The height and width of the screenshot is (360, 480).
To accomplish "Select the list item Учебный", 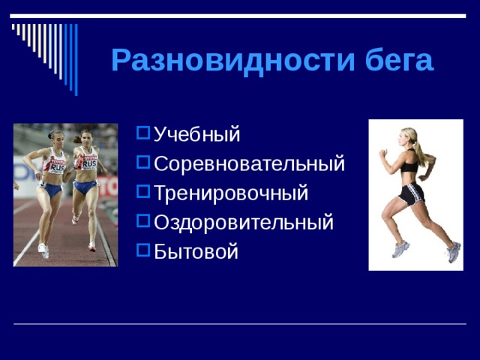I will click(196, 135).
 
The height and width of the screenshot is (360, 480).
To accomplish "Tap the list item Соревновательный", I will click(249, 163).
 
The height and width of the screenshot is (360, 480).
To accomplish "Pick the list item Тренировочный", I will click(230, 193).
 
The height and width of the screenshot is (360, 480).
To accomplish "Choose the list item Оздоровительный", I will click(243, 222).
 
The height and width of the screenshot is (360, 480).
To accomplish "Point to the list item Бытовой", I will click(196, 251).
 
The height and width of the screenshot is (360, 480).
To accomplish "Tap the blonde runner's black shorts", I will click(411, 193).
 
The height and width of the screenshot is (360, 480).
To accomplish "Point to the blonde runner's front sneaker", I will click(400, 250).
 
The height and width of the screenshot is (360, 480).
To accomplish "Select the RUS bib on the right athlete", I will click(89, 162).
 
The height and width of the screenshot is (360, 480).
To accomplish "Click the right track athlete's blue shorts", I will click(85, 185).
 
